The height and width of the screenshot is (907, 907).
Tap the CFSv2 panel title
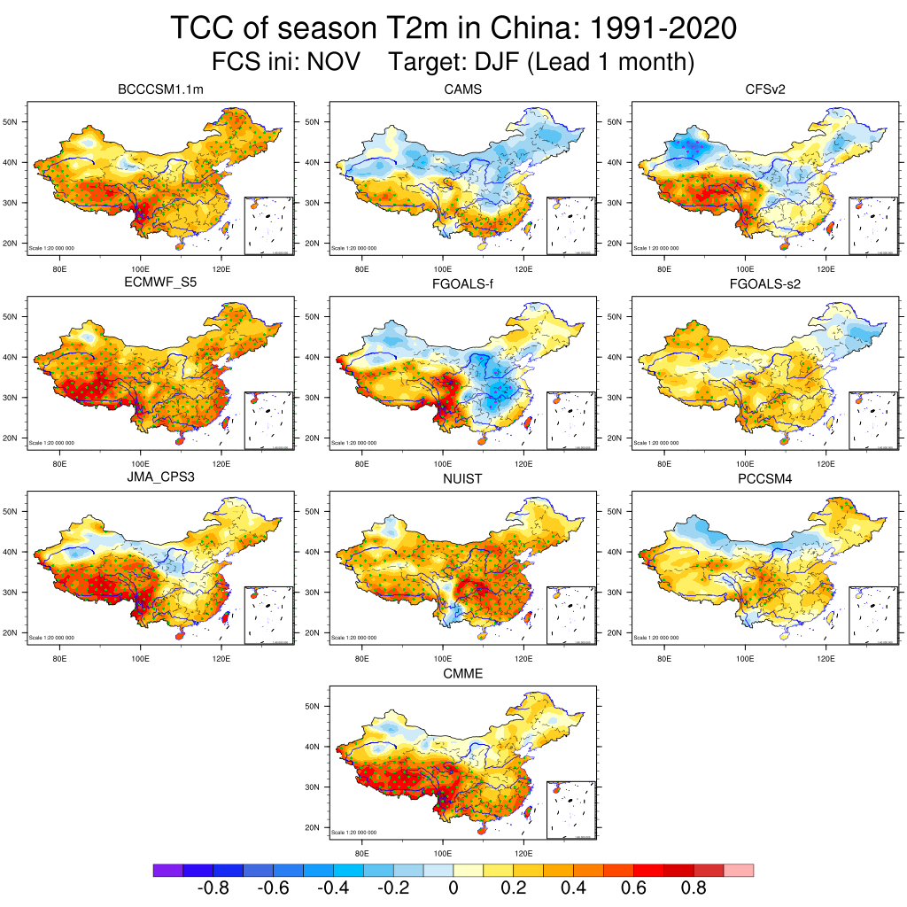point(765,89)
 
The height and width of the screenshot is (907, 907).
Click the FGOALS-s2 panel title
point(765,284)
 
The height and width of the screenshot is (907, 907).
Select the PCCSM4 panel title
point(765,478)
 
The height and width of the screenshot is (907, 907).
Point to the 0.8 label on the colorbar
point(694,888)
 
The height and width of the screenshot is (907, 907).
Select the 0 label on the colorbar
point(453,888)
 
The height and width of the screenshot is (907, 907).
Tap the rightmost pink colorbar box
point(739,871)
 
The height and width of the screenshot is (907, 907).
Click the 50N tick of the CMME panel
point(314,706)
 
